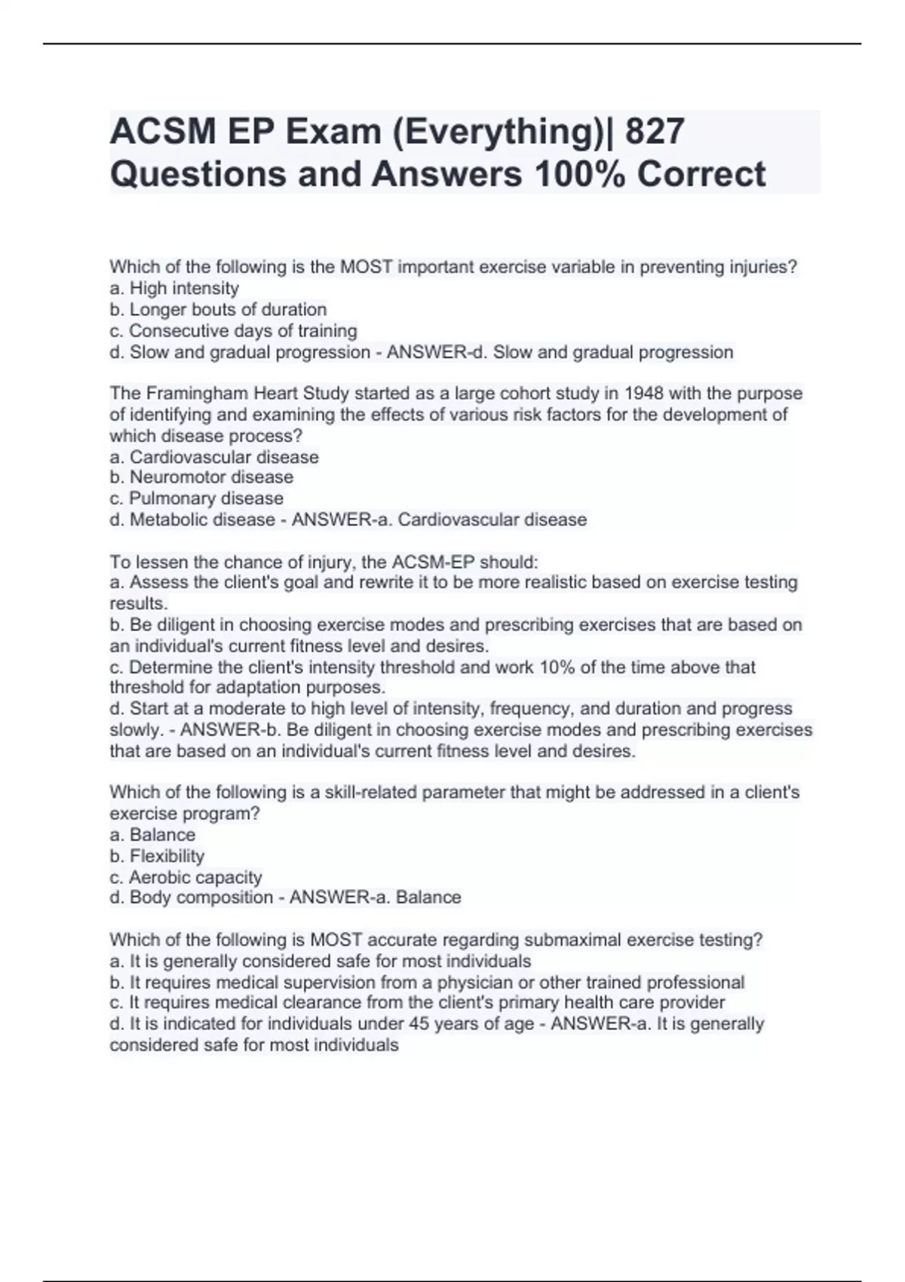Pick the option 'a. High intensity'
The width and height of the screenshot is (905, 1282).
174,288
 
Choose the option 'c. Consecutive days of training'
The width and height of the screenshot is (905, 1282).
233,330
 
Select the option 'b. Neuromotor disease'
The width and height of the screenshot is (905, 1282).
201,477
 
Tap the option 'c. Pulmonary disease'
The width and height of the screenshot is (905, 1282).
197,498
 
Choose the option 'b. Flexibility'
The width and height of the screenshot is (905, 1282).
157,856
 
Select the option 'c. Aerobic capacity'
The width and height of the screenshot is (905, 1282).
186,877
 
